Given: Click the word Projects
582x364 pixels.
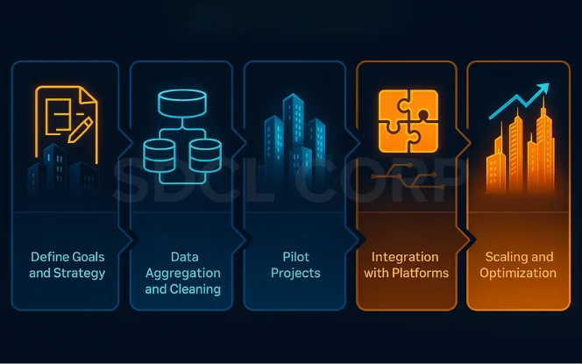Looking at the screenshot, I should (x=295, y=273).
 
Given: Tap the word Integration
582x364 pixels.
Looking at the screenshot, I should (x=405, y=257).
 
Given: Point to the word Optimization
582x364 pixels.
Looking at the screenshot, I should (x=517, y=273).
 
